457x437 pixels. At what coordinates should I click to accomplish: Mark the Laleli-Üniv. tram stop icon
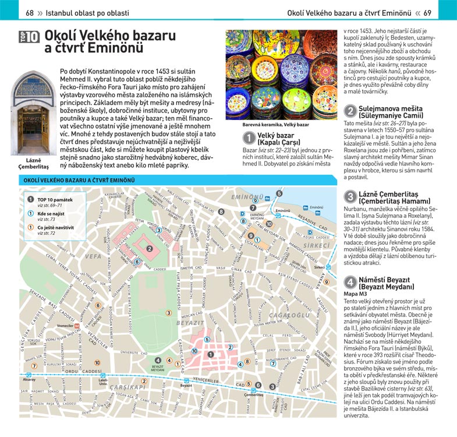[x=103, y=377]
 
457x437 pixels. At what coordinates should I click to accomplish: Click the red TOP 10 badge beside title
[x=29, y=37]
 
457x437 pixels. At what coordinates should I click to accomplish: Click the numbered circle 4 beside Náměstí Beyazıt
[x=350, y=283]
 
